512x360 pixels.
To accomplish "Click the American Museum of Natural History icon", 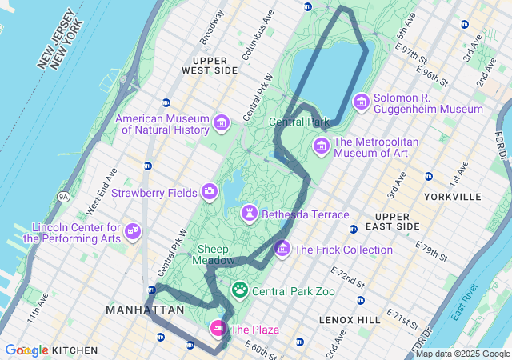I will [x=222, y=122].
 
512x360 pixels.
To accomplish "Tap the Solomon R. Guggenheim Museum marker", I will [x=361, y=102].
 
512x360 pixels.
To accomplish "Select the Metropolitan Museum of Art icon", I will [x=321, y=146].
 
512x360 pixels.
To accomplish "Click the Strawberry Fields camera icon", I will [x=210, y=191].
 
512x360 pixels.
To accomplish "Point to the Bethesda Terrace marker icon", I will [x=251, y=214].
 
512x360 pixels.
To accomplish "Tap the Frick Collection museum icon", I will [x=282, y=249].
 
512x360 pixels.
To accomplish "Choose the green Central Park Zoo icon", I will [x=240, y=289].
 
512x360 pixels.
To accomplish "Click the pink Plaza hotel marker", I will [x=218, y=328].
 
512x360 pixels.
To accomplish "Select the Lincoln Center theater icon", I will [x=133, y=233].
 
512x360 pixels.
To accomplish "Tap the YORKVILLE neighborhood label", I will [x=454, y=196].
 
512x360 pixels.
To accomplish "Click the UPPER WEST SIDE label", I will [x=210, y=65].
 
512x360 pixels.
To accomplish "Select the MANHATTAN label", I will [x=146, y=309].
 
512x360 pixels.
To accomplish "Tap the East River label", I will [x=464, y=302].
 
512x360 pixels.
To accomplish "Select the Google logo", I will [x=26, y=350].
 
